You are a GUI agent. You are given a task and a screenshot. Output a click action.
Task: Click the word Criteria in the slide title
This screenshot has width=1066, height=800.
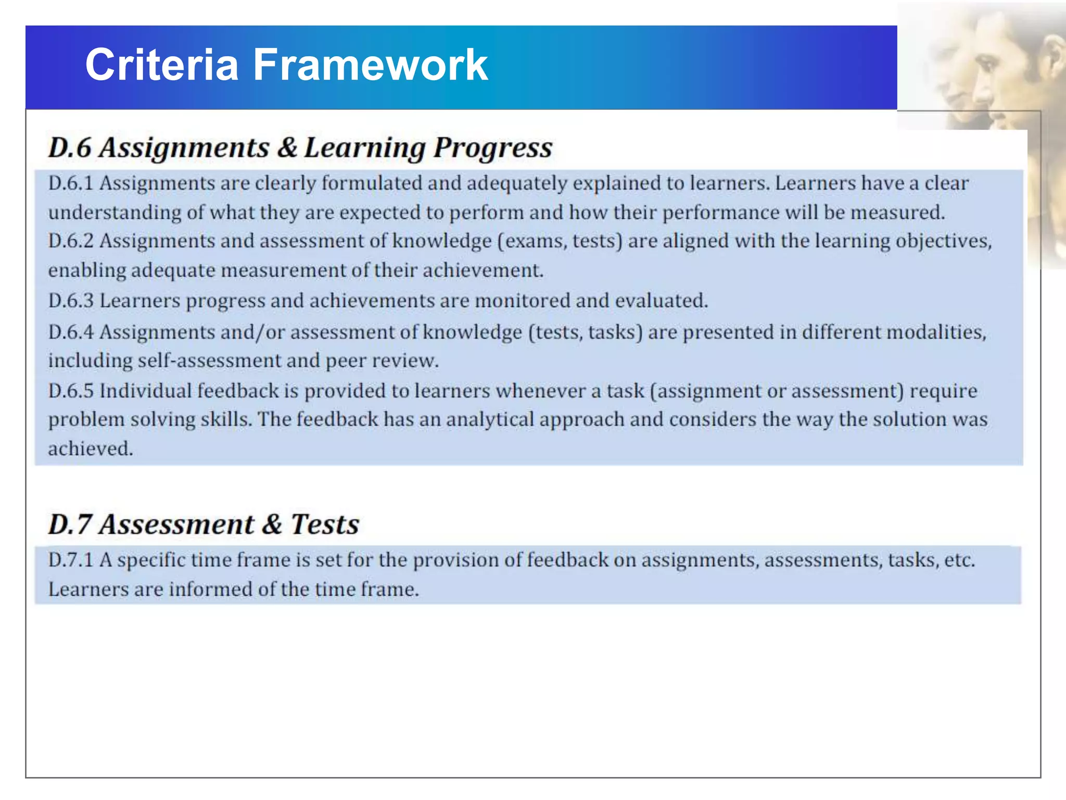tap(162, 65)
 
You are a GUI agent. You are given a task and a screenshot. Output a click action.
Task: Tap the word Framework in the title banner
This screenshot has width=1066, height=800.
tap(370, 65)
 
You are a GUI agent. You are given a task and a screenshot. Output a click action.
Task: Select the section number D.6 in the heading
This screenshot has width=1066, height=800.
tap(70, 147)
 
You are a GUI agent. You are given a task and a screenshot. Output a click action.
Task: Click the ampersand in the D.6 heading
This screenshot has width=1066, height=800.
tap(287, 147)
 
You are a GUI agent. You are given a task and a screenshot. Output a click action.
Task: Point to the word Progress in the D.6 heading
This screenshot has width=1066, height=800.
tap(493, 148)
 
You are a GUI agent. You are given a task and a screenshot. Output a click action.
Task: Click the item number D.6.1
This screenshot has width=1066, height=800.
tap(71, 183)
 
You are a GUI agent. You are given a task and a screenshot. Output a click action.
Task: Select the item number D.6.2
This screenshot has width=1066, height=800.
tap(71, 241)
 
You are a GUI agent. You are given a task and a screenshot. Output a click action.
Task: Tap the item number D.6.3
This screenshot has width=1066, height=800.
tap(71, 301)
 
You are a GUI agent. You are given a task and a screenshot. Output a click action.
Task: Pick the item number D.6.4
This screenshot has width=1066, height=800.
tap(71, 332)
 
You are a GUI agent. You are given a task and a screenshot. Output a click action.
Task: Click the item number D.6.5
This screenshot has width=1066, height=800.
tap(71, 391)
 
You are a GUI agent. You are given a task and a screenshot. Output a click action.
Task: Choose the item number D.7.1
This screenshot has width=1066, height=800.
tap(71, 560)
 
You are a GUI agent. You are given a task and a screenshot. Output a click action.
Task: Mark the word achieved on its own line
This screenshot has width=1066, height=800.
tap(91, 449)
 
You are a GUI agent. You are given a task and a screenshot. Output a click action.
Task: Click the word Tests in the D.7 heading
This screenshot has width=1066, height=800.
tap(325, 524)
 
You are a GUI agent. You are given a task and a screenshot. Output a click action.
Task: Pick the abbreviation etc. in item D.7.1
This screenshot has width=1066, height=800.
tap(959, 560)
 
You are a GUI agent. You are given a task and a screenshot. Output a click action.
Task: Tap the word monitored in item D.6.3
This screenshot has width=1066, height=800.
tap(523, 301)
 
